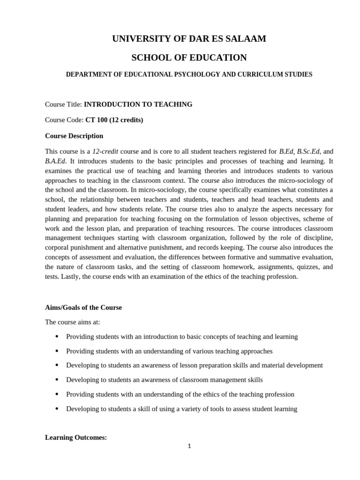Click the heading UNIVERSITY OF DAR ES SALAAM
[x=189, y=39]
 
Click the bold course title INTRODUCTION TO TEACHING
[x=138, y=105]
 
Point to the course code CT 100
[x=96, y=120]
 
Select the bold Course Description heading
[x=74, y=136]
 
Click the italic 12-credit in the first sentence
[x=105, y=151]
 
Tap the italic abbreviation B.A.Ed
[x=55, y=161]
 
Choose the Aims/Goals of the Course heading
[x=83, y=307]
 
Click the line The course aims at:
[x=72, y=322]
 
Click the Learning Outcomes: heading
[x=76, y=437]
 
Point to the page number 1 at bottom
[x=189, y=446]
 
